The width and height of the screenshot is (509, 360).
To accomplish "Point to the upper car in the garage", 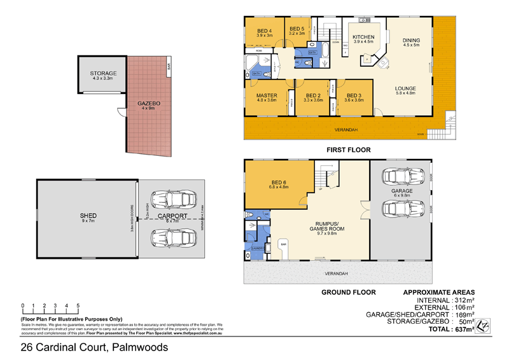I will pyautogui.click(x=401, y=177).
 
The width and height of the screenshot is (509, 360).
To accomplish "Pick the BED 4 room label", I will pyautogui.click(x=265, y=32).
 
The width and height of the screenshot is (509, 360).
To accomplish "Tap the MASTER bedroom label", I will pyautogui.click(x=267, y=97).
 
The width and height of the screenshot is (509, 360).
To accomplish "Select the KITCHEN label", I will pyautogui.click(x=364, y=39).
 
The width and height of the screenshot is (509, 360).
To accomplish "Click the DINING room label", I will pyautogui.click(x=411, y=42).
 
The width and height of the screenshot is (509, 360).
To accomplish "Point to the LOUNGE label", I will pyautogui.click(x=405, y=90).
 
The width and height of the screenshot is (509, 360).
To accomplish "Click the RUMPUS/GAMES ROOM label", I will pyautogui.click(x=325, y=228).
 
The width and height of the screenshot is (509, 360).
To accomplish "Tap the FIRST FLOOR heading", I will pyautogui.click(x=347, y=150).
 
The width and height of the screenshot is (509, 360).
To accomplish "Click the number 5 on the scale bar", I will pyautogui.click(x=78, y=306).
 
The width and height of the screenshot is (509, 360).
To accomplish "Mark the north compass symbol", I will pyautogui.click(x=485, y=325).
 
